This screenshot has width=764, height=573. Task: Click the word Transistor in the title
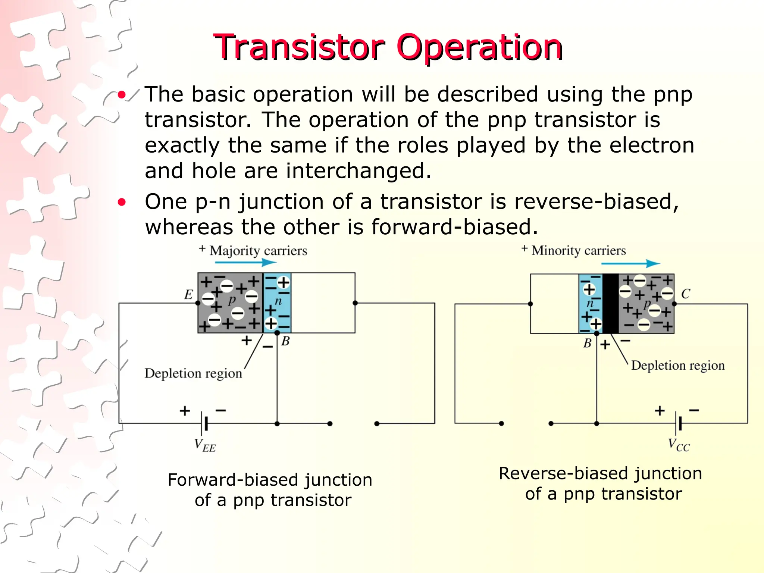click(x=298, y=47)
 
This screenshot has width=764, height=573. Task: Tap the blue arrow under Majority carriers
click(x=245, y=263)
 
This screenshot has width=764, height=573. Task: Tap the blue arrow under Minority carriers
click(x=630, y=264)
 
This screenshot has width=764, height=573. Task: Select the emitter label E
click(x=188, y=295)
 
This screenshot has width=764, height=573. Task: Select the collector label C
click(x=685, y=294)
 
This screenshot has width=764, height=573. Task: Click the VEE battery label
click(x=205, y=445)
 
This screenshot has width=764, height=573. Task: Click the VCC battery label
click(x=679, y=445)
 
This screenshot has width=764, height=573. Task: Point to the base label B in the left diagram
click(x=285, y=341)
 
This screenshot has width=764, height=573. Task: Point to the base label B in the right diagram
click(x=587, y=343)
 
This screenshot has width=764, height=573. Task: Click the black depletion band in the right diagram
click(x=610, y=303)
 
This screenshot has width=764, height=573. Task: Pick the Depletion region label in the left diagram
click(x=193, y=373)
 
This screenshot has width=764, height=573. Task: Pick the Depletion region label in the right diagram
click(x=677, y=366)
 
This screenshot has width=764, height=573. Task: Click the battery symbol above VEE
click(x=204, y=423)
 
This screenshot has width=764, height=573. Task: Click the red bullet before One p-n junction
click(x=122, y=202)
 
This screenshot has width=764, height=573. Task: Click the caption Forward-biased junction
click(x=270, y=480)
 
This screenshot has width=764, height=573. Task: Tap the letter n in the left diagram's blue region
click(x=278, y=301)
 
